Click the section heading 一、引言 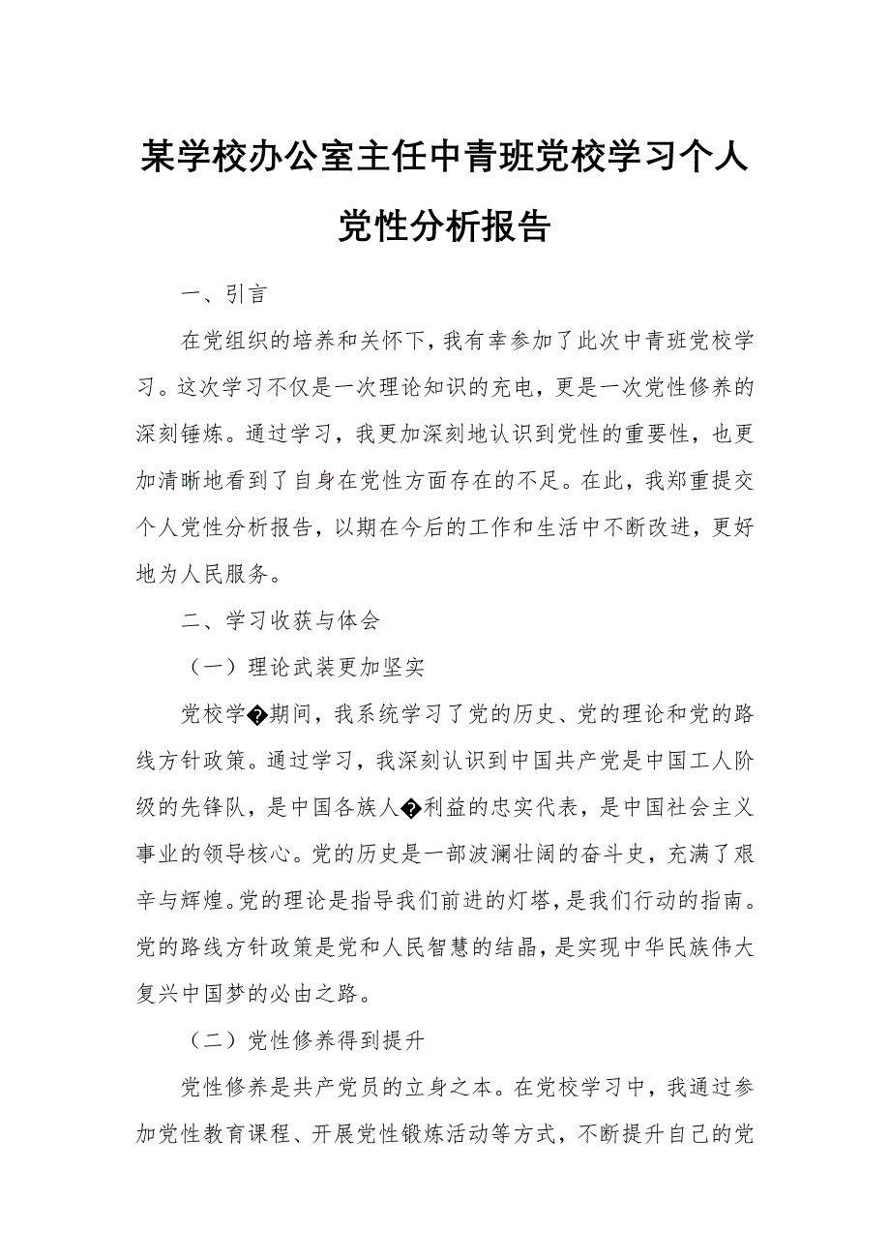click(x=223, y=293)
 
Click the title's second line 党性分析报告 click(x=444, y=225)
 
